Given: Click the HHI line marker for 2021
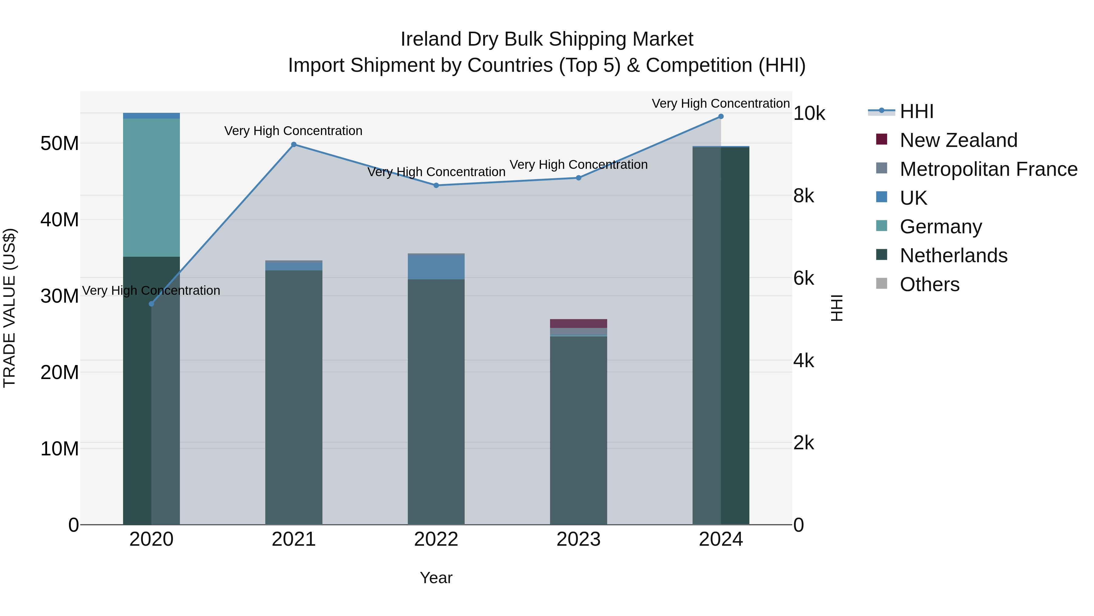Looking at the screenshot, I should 294,144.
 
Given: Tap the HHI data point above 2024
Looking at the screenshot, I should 721,117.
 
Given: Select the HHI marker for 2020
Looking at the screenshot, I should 151,304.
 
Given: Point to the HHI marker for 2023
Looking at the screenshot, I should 578,178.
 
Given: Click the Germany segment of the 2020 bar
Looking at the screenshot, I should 151,187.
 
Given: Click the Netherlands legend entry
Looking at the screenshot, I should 953,256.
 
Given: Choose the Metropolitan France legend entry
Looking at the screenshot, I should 988,169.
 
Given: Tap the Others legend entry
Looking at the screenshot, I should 929,284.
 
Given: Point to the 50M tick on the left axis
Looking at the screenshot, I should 60,144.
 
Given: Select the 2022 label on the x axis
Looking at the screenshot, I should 436,539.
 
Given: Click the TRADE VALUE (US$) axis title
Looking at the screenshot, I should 9,308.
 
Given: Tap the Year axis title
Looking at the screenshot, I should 436,578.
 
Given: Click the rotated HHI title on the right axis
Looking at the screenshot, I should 836,308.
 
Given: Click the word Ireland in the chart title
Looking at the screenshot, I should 431,39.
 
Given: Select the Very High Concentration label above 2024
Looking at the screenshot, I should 721,103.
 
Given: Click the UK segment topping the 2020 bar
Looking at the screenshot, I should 151,116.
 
